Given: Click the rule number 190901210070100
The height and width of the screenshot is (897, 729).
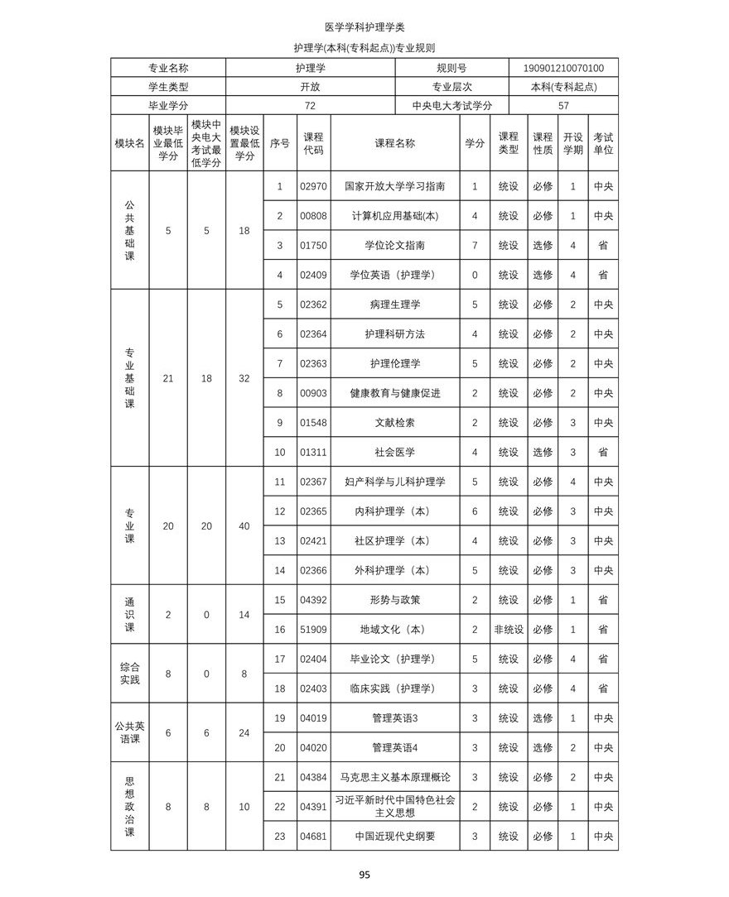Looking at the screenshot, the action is pyautogui.click(x=563, y=68).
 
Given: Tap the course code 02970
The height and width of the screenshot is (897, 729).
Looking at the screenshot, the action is pyautogui.click(x=313, y=187).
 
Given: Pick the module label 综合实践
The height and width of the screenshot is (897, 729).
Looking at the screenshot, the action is pyautogui.click(x=129, y=674).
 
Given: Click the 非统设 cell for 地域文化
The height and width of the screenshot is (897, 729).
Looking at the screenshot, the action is pyautogui.click(x=508, y=630).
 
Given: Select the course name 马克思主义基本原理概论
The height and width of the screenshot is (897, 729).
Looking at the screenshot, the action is pyautogui.click(x=394, y=778).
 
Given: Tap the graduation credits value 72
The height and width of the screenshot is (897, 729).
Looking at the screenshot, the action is pyautogui.click(x=310, y=106).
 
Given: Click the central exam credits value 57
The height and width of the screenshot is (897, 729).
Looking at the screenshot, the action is pyautogui.click(x=563, y=106).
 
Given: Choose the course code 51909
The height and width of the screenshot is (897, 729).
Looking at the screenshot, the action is pyautogui.click(x=313, y=630).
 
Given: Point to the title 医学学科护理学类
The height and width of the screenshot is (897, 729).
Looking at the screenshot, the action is pyautogui.click(x=364, y=27).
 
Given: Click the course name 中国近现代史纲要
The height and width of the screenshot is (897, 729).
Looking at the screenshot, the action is pyautogui.click(x=394, y=837).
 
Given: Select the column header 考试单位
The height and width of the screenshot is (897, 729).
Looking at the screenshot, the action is pyautogui.click(x=603, y=143).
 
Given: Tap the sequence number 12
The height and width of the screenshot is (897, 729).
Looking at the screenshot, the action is pyautogui.click(x=279, y=511).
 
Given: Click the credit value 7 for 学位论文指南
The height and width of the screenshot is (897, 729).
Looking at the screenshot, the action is pyautogui.click(x=475, y=246).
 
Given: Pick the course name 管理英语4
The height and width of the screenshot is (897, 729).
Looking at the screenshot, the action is pyautogui.click(x=394, y=748).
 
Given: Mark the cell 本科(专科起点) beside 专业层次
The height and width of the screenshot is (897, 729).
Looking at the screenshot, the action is pyautogui.click(x=563, y=87).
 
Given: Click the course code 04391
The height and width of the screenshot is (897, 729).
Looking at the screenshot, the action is pyautogui.click(x=313, y=807).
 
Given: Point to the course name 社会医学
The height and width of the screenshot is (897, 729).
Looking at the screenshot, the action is pyautogui.click(x=394, y=453).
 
